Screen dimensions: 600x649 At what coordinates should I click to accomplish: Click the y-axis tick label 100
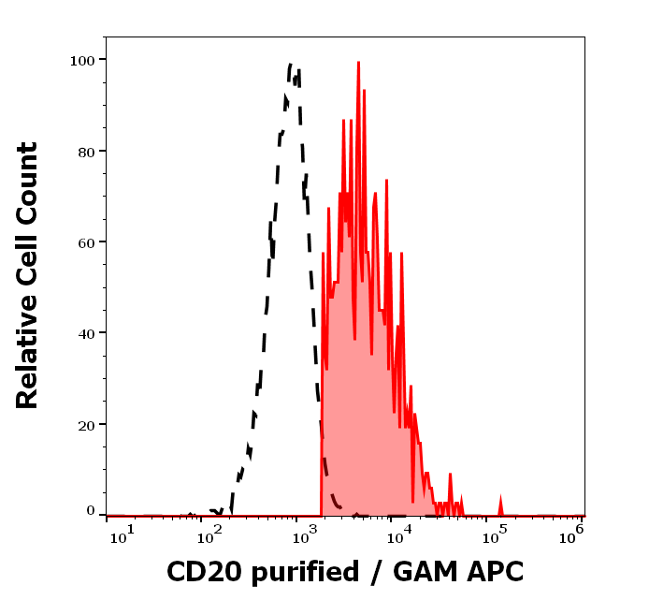click(x=83, y=60)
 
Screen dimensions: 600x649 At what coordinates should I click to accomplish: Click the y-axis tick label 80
click(x=87, y=151)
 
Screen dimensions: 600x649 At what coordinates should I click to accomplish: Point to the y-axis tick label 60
click(x=87, y=242)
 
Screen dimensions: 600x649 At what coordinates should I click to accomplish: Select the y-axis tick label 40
click(x=87, y=333)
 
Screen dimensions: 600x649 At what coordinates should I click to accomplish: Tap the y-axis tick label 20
click(x=87, y=424)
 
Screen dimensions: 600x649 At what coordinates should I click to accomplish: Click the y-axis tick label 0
click(x=91, y=511)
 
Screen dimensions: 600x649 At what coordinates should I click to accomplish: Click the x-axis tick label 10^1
click(x=123, y=534)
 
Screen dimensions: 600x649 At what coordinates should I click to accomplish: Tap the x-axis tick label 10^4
click(x=397, y=534)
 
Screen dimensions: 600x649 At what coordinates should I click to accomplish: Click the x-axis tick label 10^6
click(x=572, y=534)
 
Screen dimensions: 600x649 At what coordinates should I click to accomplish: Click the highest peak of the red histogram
click(x=358, y=63)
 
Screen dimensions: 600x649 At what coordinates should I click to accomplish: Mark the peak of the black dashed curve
click(x=291, y=65)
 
